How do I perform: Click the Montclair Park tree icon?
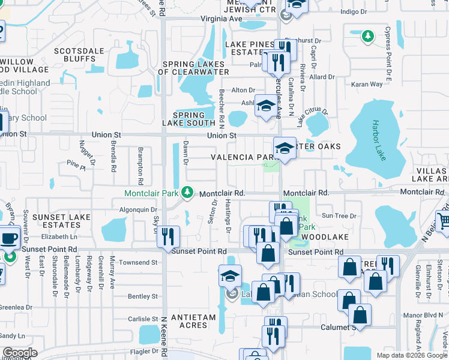(188, 193)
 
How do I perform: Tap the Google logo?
(19, 352)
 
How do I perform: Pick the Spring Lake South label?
(193, 119)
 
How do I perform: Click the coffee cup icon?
(9, 237)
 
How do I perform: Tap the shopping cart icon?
(444, 221)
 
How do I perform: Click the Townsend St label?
(138, 263)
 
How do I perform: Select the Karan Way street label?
(367, 84)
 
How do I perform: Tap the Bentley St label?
(143, 296)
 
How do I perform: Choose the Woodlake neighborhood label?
(322, 238)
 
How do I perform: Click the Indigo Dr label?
(353, 11)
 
